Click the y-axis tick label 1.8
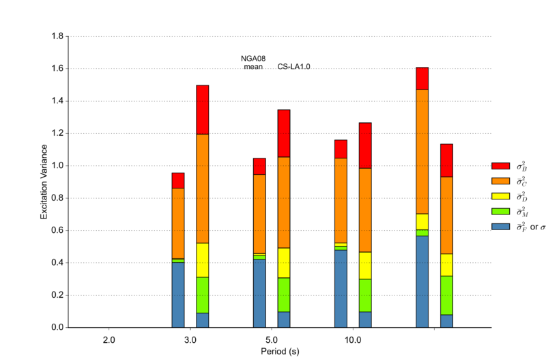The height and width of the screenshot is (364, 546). click(x=57, y=36)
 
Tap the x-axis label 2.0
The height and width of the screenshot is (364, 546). click(x=109, y=339)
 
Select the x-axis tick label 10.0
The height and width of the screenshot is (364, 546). click(x=353, y=339)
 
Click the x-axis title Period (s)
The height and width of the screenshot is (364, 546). click(x=280, y=352)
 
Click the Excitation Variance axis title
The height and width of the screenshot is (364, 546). click(x=44, y=182)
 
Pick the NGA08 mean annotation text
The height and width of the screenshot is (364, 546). click(x=253, y=63)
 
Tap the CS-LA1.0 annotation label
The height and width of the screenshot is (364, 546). click(x=294, y=66)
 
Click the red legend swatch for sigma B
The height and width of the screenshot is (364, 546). click(x=501, y=166)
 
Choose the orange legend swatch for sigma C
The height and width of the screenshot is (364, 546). click(x=501, y=181)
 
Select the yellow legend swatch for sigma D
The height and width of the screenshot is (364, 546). click(x=501, y=196)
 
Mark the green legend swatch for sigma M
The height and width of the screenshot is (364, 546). click(x=501, y=211)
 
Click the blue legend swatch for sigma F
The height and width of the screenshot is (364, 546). click(x=501, y=227)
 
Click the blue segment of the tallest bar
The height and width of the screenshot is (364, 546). click(x=422, y=281)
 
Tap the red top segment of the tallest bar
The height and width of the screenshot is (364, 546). click(x=422, y=79)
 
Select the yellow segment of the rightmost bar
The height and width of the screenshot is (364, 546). click(x=446, y=265)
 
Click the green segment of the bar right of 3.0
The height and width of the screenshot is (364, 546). click(x=202, y=295)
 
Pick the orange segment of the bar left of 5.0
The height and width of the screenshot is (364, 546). click(x=259, y=214)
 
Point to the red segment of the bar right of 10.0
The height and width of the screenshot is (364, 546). click(x=365, y=145)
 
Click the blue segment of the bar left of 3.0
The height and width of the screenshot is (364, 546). click(x=178, y=295)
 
